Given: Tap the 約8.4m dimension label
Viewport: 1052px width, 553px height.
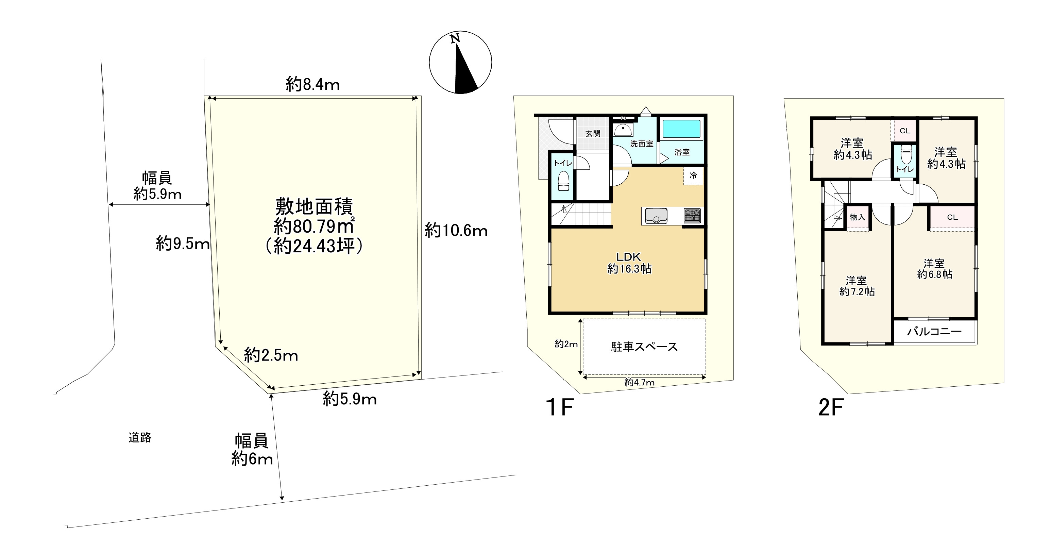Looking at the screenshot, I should coord(312,85).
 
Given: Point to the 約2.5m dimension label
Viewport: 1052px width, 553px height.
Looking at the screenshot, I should coord(271,355).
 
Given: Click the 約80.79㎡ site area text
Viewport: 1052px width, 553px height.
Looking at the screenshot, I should coord(313,226).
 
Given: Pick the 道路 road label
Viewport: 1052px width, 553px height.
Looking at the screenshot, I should coord(140,438).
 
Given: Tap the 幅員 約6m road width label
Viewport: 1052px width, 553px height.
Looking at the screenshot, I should coord(252,450).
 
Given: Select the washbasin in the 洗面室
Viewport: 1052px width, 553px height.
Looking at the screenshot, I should coord(623,130).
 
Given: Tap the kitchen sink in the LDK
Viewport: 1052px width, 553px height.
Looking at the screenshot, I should coord(656,216).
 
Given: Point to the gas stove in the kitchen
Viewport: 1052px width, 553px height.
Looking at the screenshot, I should coord(692,216).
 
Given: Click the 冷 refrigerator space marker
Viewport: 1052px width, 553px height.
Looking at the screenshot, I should coord(693,175).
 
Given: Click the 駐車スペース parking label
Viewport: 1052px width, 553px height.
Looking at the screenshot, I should coord(644,347).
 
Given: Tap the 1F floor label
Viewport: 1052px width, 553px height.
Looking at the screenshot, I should coord(559,407).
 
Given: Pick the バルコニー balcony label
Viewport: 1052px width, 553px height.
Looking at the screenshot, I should coord(934,332).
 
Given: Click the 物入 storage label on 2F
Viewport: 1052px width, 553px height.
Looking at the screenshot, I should coord(857,217).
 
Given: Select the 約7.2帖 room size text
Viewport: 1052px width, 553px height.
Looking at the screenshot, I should coord(857,291).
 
